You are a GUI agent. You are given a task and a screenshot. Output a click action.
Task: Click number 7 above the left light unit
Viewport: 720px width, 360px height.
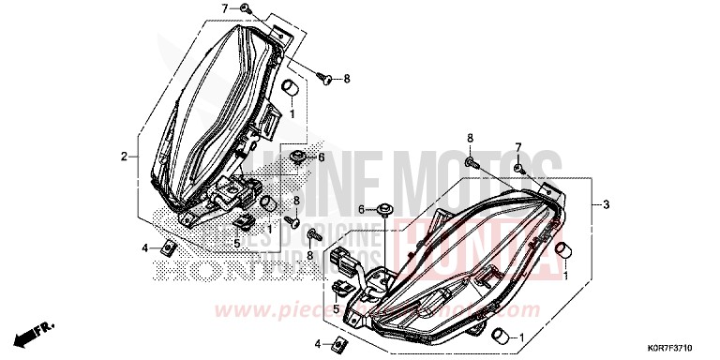point(224,8)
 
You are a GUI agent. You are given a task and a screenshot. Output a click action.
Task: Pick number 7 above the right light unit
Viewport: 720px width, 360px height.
point(517,148)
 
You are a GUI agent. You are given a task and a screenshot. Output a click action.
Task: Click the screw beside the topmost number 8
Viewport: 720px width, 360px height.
point(325,80)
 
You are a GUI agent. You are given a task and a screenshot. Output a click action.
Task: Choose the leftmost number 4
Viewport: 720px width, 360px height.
point(145,247)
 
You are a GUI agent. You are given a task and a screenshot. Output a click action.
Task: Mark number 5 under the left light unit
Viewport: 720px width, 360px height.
point(237,242)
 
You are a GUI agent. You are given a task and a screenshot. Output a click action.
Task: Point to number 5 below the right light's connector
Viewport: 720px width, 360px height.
point(336,306)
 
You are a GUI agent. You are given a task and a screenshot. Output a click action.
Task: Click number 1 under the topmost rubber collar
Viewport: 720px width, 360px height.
point(292,113)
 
